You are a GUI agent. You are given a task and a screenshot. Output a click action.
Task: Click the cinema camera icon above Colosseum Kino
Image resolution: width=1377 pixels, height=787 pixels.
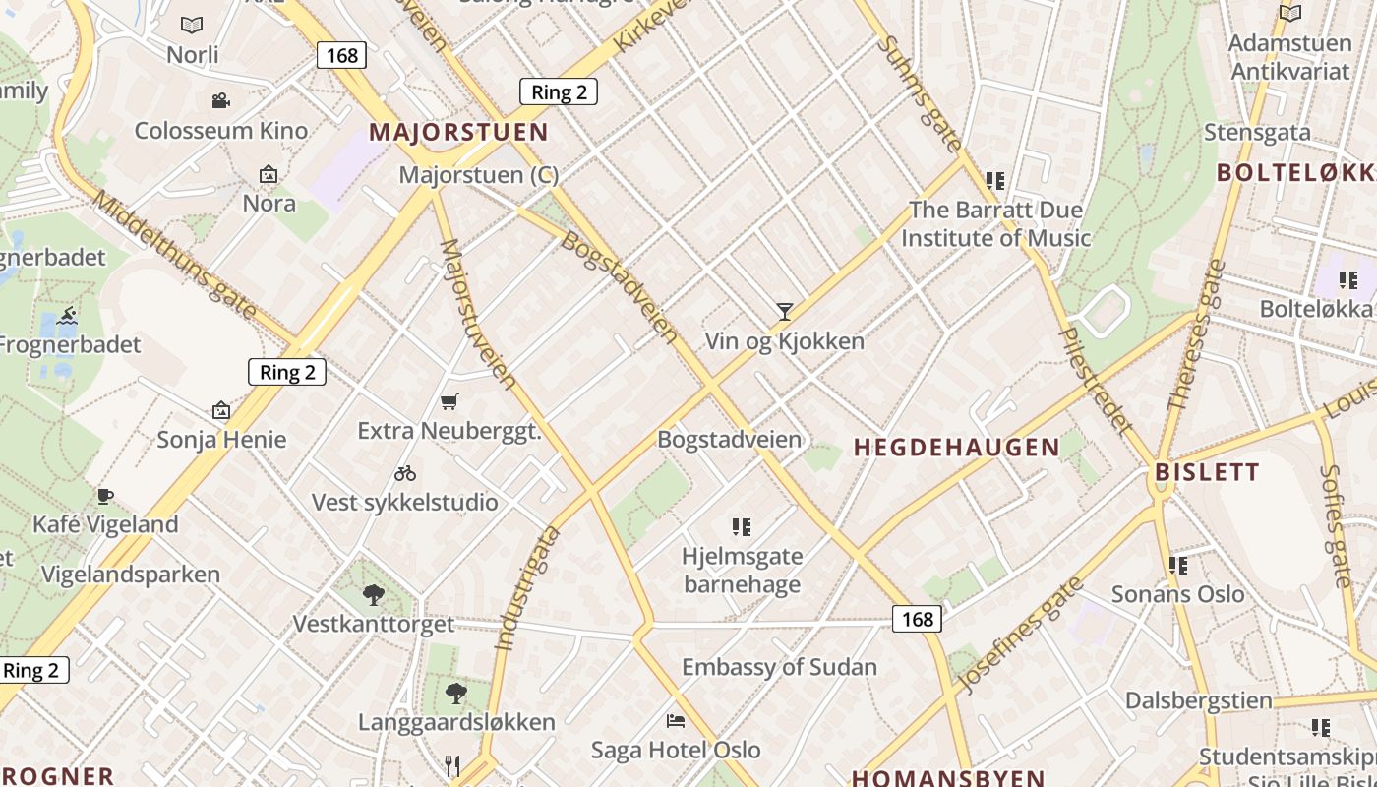(x=220, y=100)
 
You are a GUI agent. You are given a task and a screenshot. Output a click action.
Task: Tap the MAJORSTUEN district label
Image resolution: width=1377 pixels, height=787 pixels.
(x=458, y=132)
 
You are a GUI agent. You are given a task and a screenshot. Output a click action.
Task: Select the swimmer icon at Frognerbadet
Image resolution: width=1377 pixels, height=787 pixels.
(x=67, y=316)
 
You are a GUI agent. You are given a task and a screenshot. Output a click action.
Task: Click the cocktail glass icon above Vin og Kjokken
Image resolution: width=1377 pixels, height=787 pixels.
(x=784, y=312)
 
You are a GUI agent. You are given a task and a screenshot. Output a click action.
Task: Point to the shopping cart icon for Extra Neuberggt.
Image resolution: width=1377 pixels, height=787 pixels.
(x=449, y=401)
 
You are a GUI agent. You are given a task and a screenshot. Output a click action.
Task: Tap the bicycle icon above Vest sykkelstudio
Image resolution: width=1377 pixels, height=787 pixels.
(x=404, y=473)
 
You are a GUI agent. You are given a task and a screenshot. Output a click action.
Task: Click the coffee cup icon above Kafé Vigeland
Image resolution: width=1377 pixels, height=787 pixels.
(x=105, y=496)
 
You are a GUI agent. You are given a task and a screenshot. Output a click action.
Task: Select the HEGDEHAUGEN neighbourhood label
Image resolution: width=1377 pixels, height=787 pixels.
(x=957, y=448)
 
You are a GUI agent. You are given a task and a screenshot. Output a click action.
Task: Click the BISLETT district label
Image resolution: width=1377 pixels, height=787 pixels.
(x=1207, y=471)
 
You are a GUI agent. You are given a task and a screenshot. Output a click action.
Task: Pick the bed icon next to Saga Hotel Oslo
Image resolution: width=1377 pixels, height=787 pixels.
(x=675, y=721)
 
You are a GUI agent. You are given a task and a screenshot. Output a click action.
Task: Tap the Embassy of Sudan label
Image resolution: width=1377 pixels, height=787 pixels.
(x=779, y=667)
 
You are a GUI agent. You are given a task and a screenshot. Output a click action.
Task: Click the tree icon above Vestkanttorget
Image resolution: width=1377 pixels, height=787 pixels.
(x=373, y=594)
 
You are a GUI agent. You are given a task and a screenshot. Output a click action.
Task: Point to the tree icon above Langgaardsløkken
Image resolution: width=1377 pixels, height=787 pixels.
(x=455, y=693)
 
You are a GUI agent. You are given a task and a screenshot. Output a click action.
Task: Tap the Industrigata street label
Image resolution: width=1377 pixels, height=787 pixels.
(x=526, y=588)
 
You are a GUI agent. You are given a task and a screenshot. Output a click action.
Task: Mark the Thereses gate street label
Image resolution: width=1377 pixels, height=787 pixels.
(x=1195, y=334)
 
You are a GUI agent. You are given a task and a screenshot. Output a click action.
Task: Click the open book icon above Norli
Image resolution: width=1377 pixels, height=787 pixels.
(x=192, y=25)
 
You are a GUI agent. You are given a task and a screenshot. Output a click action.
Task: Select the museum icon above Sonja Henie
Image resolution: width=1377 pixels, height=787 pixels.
(x=221, y=410)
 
